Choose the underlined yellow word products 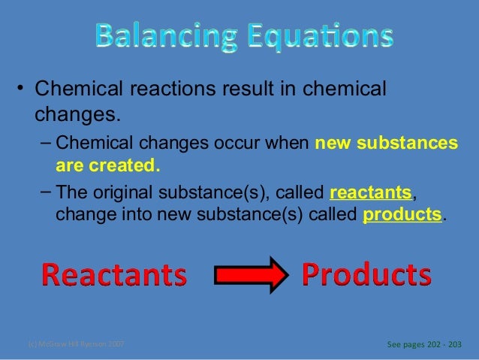[x=402, y=215]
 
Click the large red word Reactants [x=115, y=276]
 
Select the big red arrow [x=251, y=276]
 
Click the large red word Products [x=366, y=276]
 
